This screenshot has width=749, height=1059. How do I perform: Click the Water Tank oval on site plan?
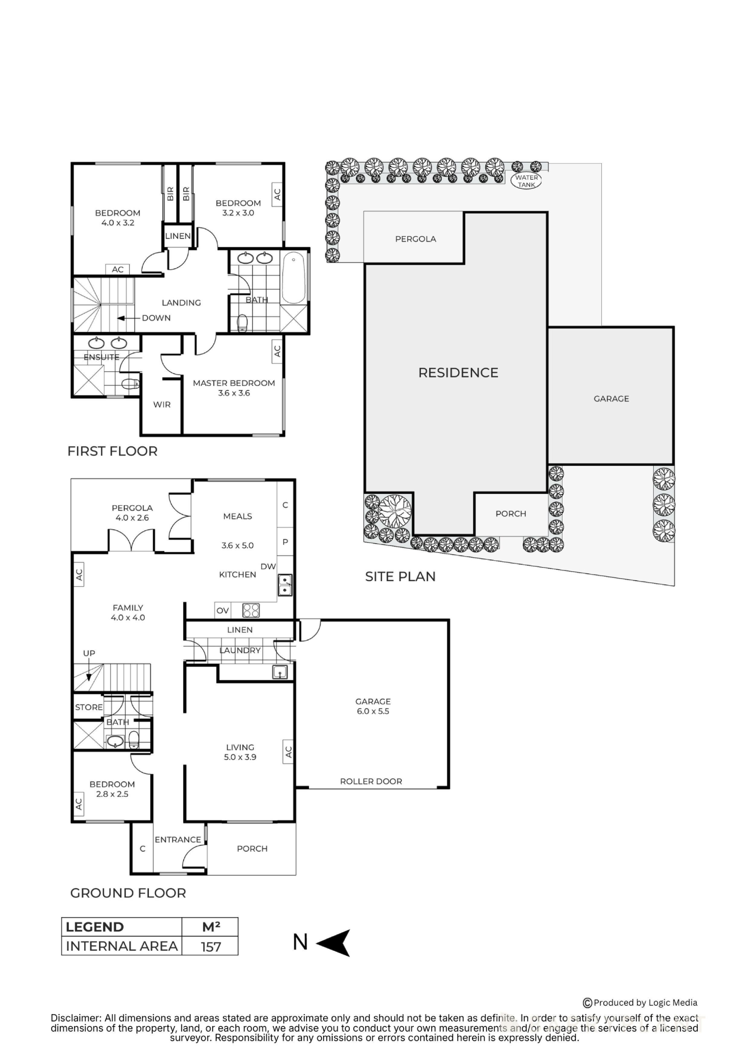click(526, 181)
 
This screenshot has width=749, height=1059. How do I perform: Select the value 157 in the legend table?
click(211, 947)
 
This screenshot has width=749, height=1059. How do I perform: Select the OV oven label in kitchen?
click(223, 611)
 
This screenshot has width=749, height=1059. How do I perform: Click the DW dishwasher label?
click(268, 566)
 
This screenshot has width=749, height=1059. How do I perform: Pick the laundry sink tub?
click(280, 672)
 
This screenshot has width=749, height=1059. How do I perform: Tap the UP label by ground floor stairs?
click(89, 653)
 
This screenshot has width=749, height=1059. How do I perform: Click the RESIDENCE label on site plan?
click(458, 373)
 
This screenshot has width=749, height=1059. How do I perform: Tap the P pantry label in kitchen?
click(285, 542)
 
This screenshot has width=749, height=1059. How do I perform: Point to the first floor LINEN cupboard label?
click(178, 236)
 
